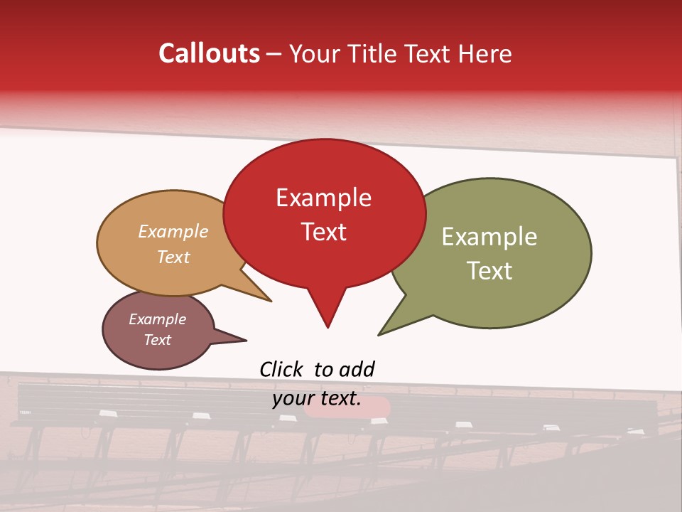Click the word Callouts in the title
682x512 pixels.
(x=209, y=53)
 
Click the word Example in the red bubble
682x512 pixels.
(x=323, y=198)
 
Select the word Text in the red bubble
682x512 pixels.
(x=323, y=232)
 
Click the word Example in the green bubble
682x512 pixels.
(x=489, y=237)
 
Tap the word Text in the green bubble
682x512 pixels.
(x=489, y=271)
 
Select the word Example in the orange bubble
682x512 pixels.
(x=173, y=232)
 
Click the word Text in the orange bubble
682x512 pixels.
(x=173, y=257)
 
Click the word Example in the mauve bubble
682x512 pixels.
(x=157, y=319)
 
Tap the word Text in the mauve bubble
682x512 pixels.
(x=157, y=340)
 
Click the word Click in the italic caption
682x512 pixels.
(x=281, y=369)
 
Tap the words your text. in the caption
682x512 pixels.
(x=317, y=399)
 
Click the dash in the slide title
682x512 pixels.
(x=274, y=54)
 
